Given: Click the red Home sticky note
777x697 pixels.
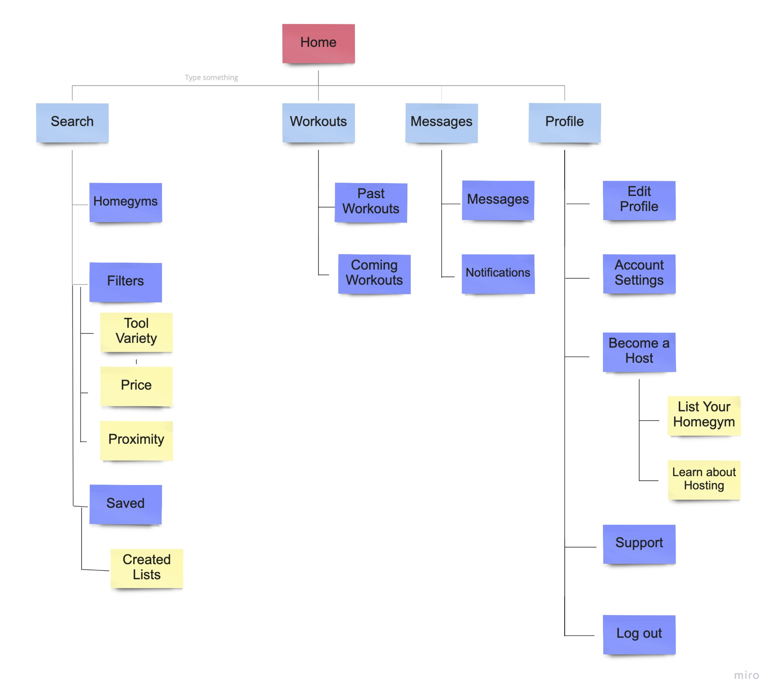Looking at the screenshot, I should coord(318,43).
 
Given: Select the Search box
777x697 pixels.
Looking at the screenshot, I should coord(72,122).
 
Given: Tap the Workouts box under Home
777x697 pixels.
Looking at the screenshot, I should coord(318,122).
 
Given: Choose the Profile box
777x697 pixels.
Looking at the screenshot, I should coord(564,122).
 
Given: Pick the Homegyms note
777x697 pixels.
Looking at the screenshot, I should coord(126,202).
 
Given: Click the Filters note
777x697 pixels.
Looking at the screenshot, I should coord(126,282).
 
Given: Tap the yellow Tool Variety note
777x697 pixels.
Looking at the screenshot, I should coord(136,332).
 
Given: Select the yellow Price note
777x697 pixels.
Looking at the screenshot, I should coord(136,385).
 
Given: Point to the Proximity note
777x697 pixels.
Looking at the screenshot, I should coord(136,440).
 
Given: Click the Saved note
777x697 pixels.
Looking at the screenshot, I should coord(126,504).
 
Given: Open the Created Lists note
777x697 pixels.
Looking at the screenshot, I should coord(147,568).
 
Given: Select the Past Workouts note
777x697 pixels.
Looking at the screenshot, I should coord(371,202).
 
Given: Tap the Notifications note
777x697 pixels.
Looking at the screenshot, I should coord(498,274).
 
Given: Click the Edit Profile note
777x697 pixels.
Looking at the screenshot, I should coord(639,200).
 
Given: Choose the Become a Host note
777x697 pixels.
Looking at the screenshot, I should coord(639,352).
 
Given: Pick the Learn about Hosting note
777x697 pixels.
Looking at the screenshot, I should coord(704,479).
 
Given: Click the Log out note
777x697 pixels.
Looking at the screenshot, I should coord(639,634).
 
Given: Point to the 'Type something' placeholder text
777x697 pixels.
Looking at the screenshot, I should coord(211,77).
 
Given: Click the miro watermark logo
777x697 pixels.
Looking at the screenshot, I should coord(746,675).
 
